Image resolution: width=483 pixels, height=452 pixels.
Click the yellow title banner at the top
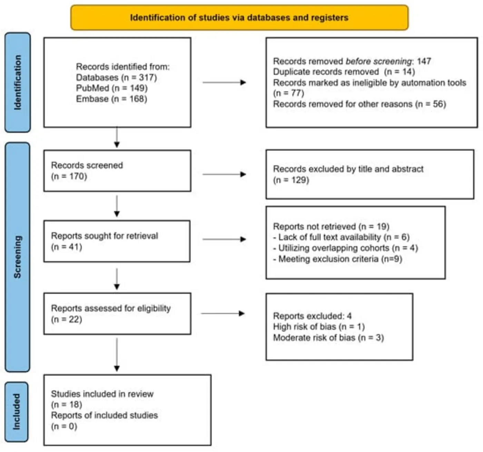[x=239, y=18]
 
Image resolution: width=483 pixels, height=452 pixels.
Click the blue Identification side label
[x=17, y=83]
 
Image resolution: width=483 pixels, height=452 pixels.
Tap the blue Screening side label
[x=17, y=257]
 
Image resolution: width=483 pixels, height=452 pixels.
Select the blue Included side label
[x=16, y=412]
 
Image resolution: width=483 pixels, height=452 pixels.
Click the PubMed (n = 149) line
[x=112, y=88]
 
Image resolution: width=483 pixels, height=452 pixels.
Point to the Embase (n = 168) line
[x=111, y=99]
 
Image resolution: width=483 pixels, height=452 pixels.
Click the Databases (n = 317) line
[x=116, y=77]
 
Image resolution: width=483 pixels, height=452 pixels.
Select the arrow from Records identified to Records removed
[x=224, y=83]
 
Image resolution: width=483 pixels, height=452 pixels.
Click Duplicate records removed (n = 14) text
[x=344, y=72]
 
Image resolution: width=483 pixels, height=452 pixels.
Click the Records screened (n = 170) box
[x=117, y=171]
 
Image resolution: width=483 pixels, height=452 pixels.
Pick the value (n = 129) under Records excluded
[x=291, y=180]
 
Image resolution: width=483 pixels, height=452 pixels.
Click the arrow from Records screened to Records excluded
[x=224, y=175]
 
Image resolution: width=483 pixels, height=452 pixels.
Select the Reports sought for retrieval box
[x=117, y=241]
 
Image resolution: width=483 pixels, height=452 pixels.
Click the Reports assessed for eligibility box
[x=117, y=314]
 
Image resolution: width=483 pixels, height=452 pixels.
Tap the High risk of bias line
[x=318, y=327]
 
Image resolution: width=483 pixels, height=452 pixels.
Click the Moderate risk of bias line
[x=328, y=338]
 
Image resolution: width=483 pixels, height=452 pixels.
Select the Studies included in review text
[x=102, y=394]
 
